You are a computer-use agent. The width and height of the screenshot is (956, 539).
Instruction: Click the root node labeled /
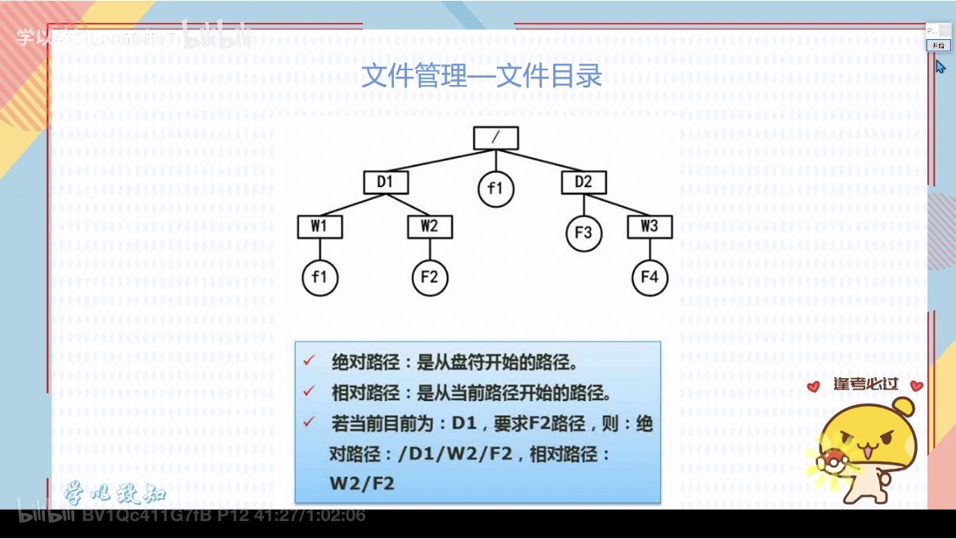(496, 138)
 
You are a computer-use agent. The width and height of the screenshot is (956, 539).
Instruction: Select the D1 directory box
(385, 182)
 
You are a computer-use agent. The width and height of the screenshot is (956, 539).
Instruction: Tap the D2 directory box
(583, 182)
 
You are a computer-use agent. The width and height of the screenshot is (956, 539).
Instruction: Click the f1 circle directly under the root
(495, 189)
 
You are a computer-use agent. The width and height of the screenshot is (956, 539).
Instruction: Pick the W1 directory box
(319, 226)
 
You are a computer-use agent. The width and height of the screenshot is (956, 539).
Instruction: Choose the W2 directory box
(430, 226)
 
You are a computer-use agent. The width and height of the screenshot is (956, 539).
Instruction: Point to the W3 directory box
(650, 226)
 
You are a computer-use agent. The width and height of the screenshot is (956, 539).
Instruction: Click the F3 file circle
(583, 233)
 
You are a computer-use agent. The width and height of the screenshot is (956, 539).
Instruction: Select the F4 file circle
(650, 278)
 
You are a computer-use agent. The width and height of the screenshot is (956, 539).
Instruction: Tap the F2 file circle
(430, 278)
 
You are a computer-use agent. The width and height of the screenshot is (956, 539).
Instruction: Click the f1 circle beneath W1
(319, 278)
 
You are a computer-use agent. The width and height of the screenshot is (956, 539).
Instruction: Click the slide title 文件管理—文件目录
(482, 76)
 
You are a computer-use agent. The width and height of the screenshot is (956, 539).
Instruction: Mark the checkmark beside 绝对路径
(309, 361)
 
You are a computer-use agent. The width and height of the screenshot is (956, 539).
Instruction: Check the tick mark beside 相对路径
(309, 391)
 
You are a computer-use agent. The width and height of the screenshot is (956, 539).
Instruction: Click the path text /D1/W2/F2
(445, 454)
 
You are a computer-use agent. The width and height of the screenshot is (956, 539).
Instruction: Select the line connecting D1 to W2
(408, 204)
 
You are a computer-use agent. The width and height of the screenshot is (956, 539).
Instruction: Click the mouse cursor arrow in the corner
(940, 66)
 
